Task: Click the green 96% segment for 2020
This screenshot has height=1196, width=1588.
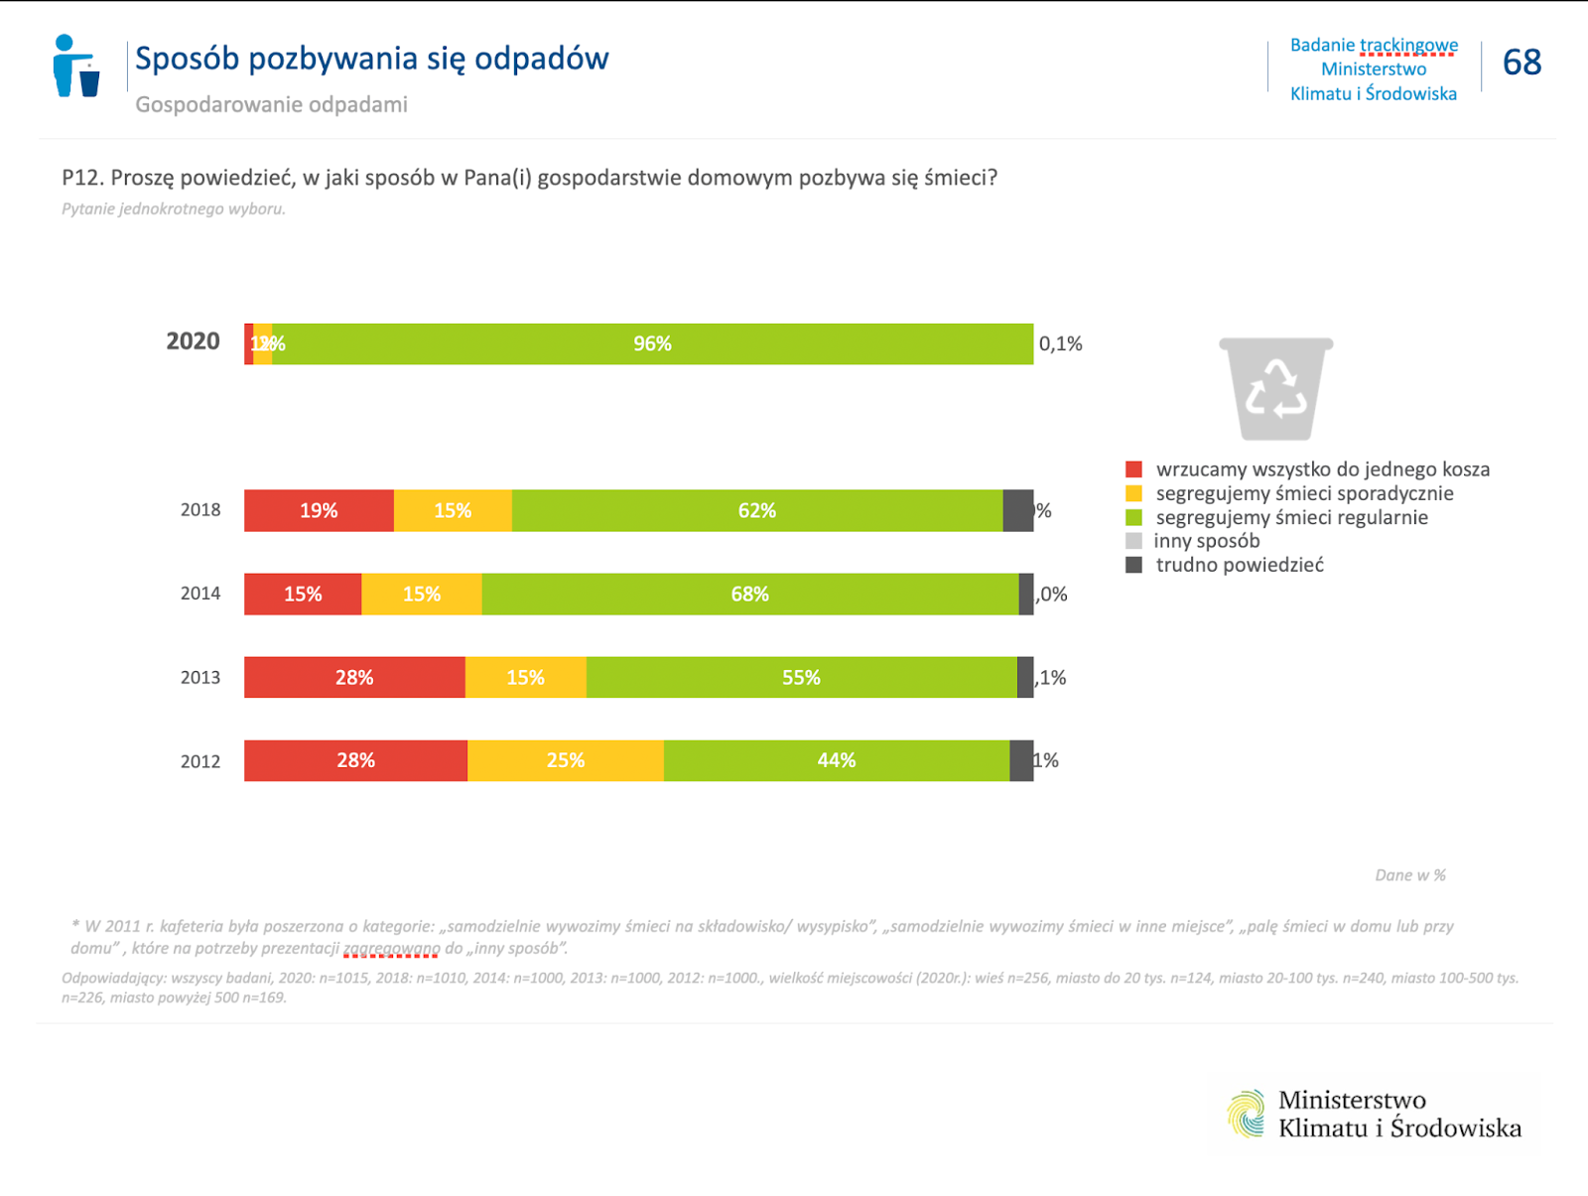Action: [652, 343]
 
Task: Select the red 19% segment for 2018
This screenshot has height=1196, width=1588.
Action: [319, 510]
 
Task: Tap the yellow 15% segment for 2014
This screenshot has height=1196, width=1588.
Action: [422, 594]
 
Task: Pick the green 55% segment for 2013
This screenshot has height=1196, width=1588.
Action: [801, 677]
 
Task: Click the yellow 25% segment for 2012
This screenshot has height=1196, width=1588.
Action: [566, 760]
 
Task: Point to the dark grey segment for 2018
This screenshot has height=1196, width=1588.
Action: [1018, 510]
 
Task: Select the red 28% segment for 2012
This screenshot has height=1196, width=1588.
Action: [355, 760]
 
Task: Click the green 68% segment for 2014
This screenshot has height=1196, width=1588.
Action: [750, 594]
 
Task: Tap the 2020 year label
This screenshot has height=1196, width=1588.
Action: [193, 341]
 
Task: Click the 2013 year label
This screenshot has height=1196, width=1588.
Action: [200, 678]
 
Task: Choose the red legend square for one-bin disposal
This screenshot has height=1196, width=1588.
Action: [1133, 469]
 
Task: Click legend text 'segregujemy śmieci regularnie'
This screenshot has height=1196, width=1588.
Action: [1291, 517]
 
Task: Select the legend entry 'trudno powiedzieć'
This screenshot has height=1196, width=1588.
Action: [1240, 565]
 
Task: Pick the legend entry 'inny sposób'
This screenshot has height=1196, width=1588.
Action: [1207, 541]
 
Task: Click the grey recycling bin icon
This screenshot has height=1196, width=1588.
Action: [1276, 388]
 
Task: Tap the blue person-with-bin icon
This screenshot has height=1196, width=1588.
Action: [76, 66]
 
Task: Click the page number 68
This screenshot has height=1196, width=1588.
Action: [1522, 63]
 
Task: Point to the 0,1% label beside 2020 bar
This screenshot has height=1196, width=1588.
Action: [1060, 343]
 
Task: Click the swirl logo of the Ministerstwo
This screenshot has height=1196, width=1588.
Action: [1247, 1114]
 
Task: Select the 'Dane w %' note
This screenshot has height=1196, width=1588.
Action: [1410, 875]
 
